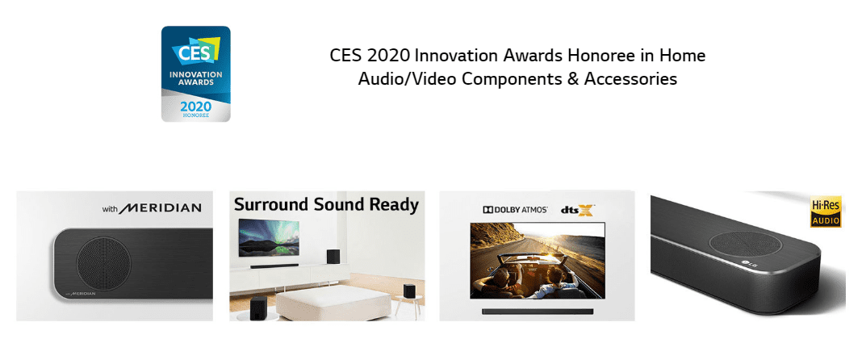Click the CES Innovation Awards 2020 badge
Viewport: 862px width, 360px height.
(x=195, y=73)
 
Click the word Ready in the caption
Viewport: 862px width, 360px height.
(x=393, y=204)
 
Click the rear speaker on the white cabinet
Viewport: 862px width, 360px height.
(x=333, y=257)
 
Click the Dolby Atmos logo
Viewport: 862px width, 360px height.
(x=515, y=210)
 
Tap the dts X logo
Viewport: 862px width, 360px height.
(x=578, y=211)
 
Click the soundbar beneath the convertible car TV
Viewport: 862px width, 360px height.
(x=537, y=311)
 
